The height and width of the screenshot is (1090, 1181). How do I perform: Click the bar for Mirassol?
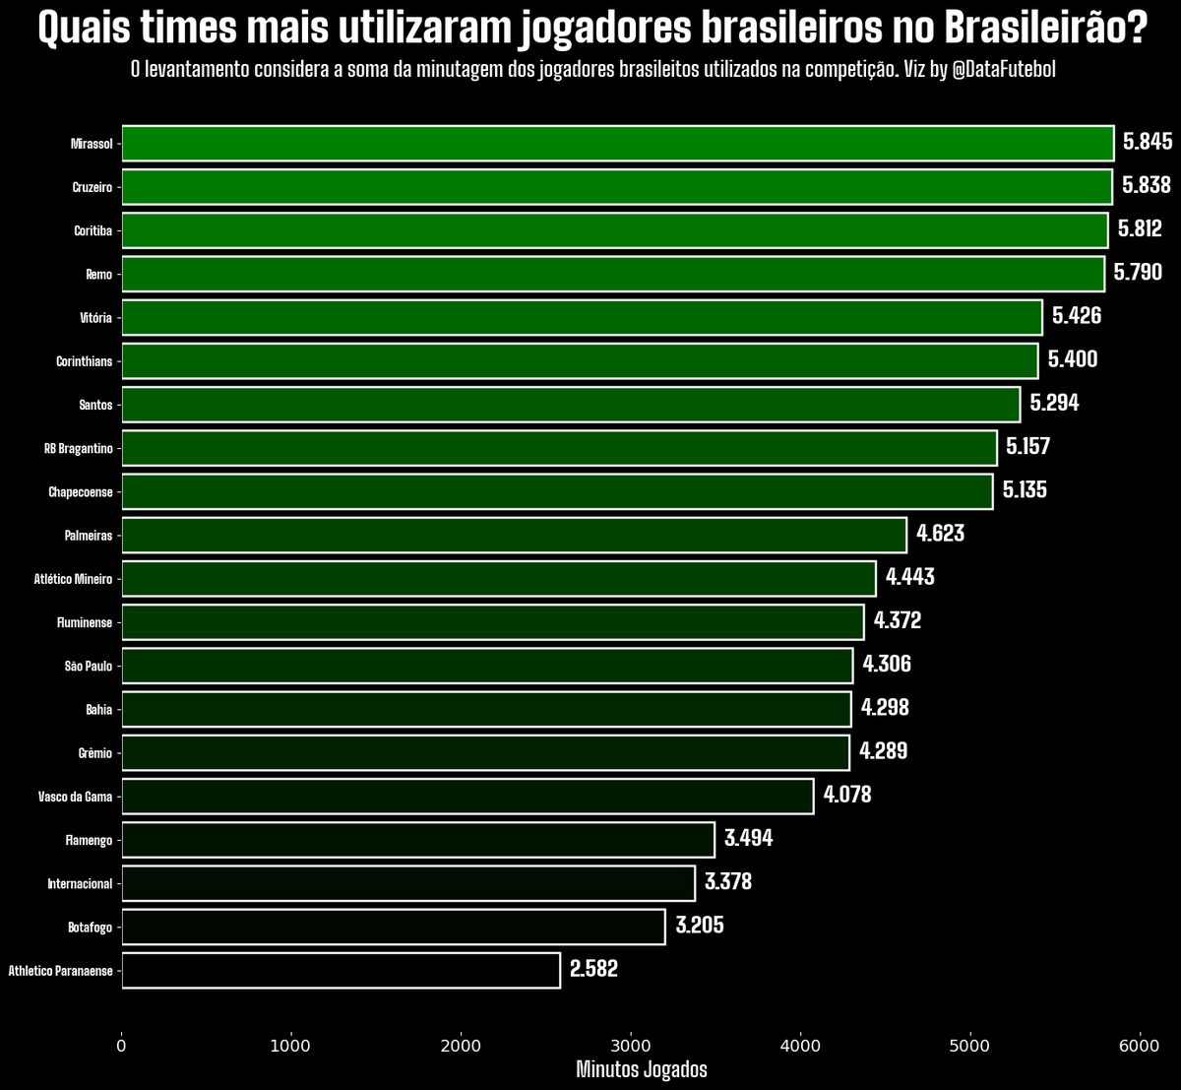[x=617, y=143]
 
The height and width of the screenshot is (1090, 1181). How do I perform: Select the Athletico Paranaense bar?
[x=341, y=970]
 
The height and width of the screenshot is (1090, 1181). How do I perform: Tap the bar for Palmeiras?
[x=514, y=535]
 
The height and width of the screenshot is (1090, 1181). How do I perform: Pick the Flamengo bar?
[x=417, y=840]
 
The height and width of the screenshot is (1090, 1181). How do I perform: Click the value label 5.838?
[x=1147, y=185]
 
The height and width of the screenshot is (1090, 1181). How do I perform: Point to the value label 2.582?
[x=593, y=969]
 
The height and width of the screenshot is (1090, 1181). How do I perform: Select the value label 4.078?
[x=847, y=795]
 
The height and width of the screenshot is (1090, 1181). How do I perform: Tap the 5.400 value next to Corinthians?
[x=1073, y=359]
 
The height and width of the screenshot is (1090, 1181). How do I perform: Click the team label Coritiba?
[x=93, y=230]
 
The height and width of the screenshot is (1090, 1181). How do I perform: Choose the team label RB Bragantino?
[x=78, y=448]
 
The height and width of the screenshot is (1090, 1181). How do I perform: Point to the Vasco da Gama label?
[x=75, y=797]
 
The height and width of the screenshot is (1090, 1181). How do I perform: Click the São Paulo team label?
[x=88, y=666]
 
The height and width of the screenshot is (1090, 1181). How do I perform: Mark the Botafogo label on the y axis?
[x=90, y=927]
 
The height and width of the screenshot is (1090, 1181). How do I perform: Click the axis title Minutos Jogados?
[x=641, y=1069]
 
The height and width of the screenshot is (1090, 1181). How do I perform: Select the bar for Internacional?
[x=407, y=883]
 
